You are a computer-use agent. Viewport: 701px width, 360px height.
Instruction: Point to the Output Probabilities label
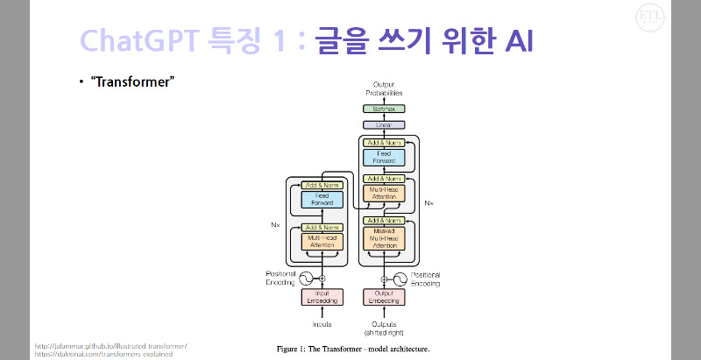pyautogui.click(x=382, y=88)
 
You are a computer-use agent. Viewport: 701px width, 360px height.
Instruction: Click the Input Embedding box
pyautogui.click(x=321, y=297)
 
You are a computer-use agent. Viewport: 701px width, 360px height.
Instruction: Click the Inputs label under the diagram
pyautogui.click(x=321, y=326)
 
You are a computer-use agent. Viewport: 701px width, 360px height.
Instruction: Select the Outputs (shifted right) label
pyautogui.click(x=385, y=329)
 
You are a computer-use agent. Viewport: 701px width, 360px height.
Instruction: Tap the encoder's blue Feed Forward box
pyautogui.click(x=321, y=200)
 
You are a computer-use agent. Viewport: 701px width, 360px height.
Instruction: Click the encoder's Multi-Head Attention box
pyautogui.click(x=321, y=242)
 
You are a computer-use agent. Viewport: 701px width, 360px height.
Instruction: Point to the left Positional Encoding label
pyautogui.click(x=280, y=279)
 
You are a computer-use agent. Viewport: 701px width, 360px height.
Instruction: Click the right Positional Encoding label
pyautogui.click(x=426, y=279)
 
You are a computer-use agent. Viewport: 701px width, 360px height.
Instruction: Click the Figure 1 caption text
pyautogui.click(x=353, y=349)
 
